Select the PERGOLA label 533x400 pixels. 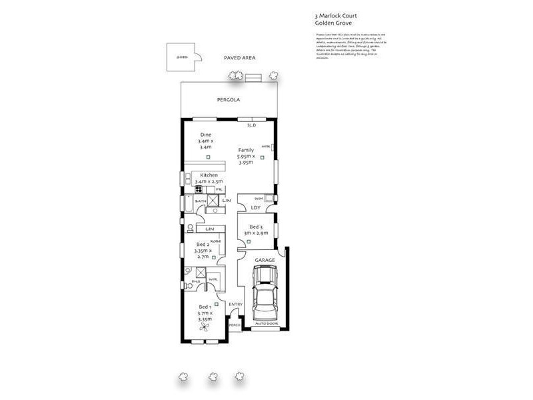(228, 100)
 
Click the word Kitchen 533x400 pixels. (209, 175)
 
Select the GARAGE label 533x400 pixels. (265, 260)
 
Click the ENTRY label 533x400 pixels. (236, 305)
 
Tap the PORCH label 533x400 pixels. (234, 325)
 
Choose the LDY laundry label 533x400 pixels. (256, 207)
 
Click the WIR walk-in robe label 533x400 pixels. (213, 279)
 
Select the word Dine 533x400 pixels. (206, 135)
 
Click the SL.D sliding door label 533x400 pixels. (251, 125)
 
